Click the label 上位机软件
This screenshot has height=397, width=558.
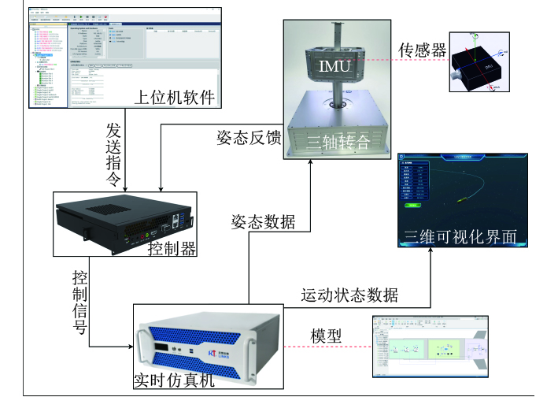point(174,98)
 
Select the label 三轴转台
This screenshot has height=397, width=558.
point(338,143)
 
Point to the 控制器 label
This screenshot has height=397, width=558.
point(172,249)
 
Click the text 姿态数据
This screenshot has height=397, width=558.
point(263,221)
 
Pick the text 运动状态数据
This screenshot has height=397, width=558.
point(349,295)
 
